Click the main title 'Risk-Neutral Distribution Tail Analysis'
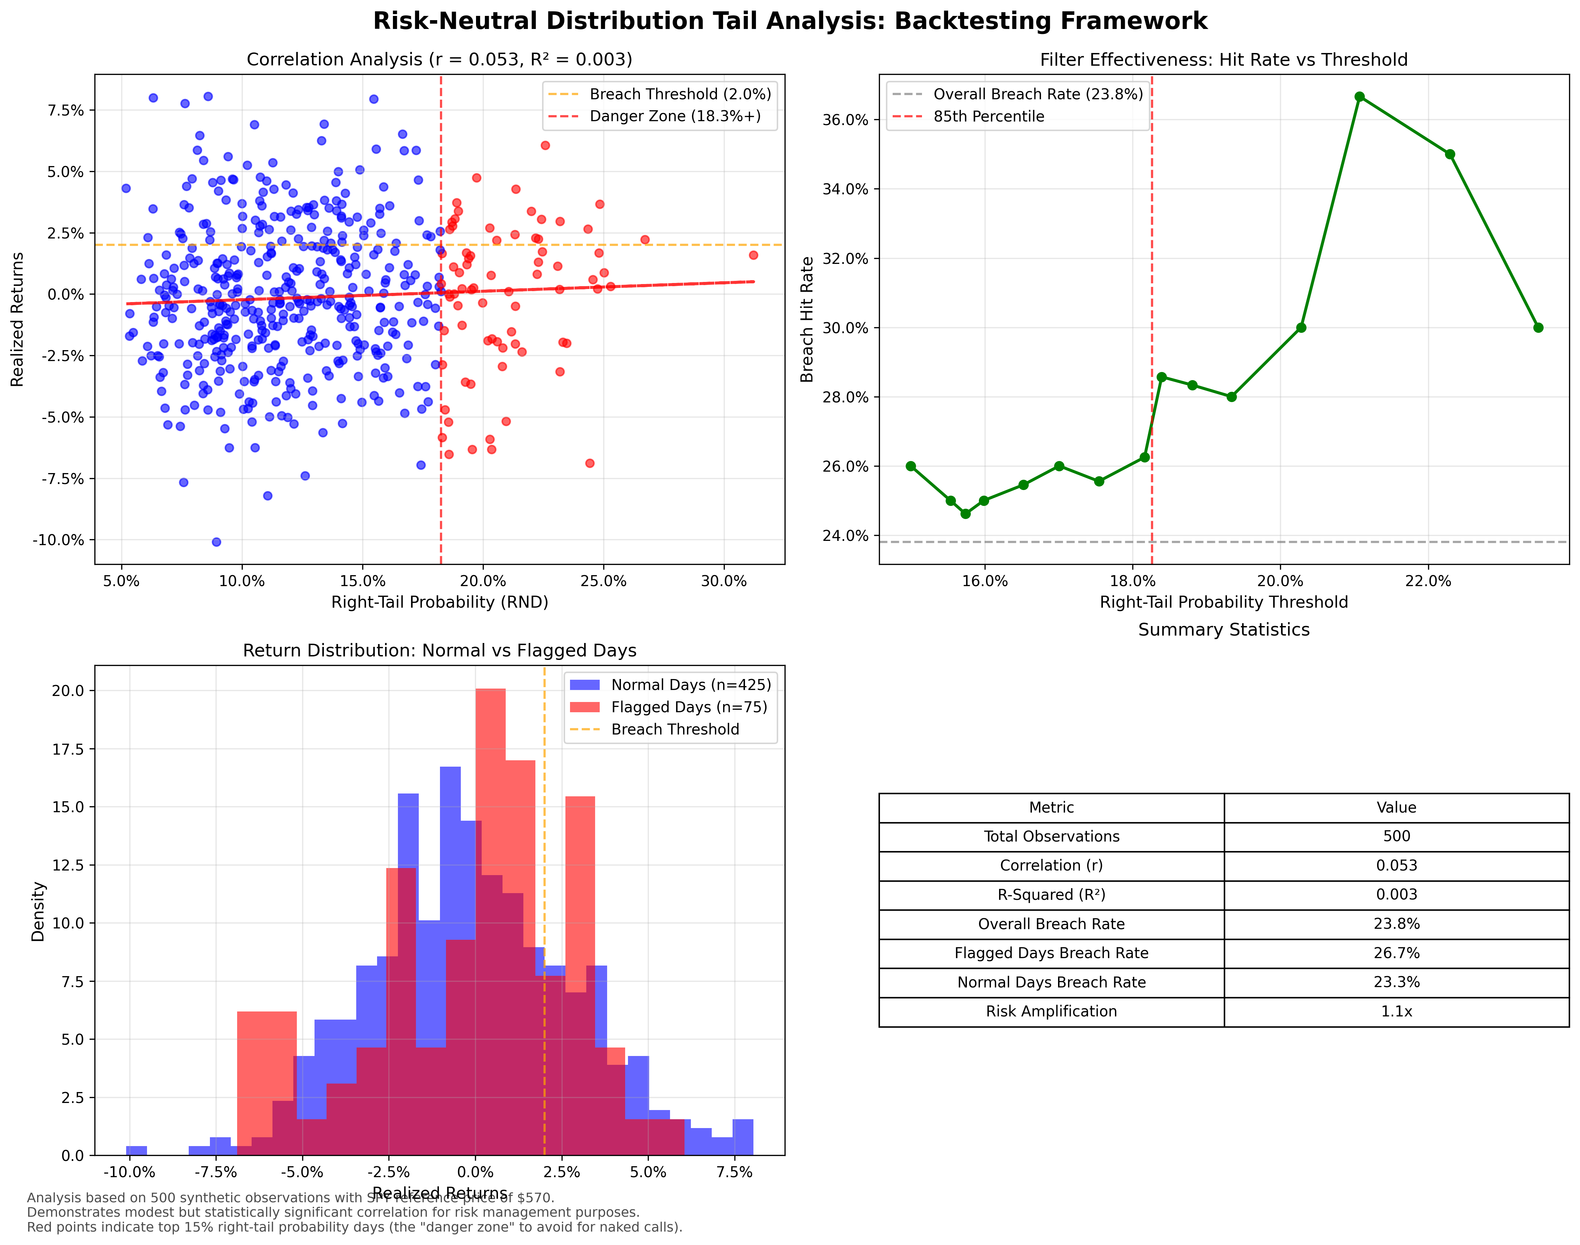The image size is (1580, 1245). [x=789, y=21]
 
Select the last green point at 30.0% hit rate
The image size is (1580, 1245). [x=1538, y=327]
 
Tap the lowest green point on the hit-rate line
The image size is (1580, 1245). [x=965, y=514]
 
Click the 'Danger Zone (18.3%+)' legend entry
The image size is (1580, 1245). [x=674, y=117]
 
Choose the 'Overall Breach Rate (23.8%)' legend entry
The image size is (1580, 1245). [x=1038, y=94]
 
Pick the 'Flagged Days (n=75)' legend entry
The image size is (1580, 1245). [x=688, y=707]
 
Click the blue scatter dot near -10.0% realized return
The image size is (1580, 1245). [x=216, y=542]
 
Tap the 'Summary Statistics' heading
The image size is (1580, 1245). [x=1223, y=630]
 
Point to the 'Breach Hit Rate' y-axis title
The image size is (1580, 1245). [x=806, y=319]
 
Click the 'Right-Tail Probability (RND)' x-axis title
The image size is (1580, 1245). [x=440, y=602]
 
